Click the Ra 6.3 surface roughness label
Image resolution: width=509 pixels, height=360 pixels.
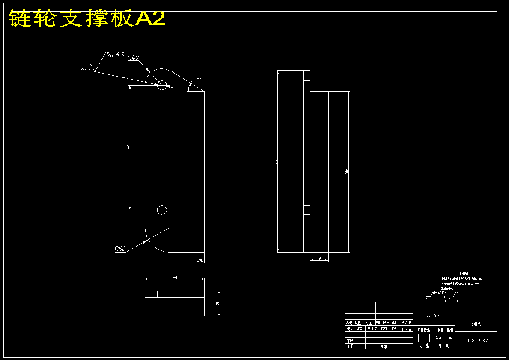point(115,55)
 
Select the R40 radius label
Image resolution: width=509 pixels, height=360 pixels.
point(134,57)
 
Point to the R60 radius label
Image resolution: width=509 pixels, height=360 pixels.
point(120,249)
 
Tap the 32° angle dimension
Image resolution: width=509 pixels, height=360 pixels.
point(198,79)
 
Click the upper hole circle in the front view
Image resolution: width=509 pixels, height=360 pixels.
point(162,85)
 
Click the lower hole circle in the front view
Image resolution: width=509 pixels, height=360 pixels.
point(162,210)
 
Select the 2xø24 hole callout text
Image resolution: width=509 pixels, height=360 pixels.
point(86,68)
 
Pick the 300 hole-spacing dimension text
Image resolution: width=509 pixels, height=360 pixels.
point(128,147)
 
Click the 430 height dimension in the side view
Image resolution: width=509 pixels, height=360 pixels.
point(276,161)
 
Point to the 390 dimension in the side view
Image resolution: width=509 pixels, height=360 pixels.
point(347,172)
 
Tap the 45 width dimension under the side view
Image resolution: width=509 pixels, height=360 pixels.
point(319,259)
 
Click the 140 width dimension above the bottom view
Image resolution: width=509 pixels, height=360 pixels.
point(174,277)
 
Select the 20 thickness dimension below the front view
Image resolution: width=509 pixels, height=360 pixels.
point(200,260)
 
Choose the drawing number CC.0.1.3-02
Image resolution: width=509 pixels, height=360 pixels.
point(476,341)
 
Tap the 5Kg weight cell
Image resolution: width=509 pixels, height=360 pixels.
point(439,337)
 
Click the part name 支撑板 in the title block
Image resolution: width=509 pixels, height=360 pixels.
point(476,324)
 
